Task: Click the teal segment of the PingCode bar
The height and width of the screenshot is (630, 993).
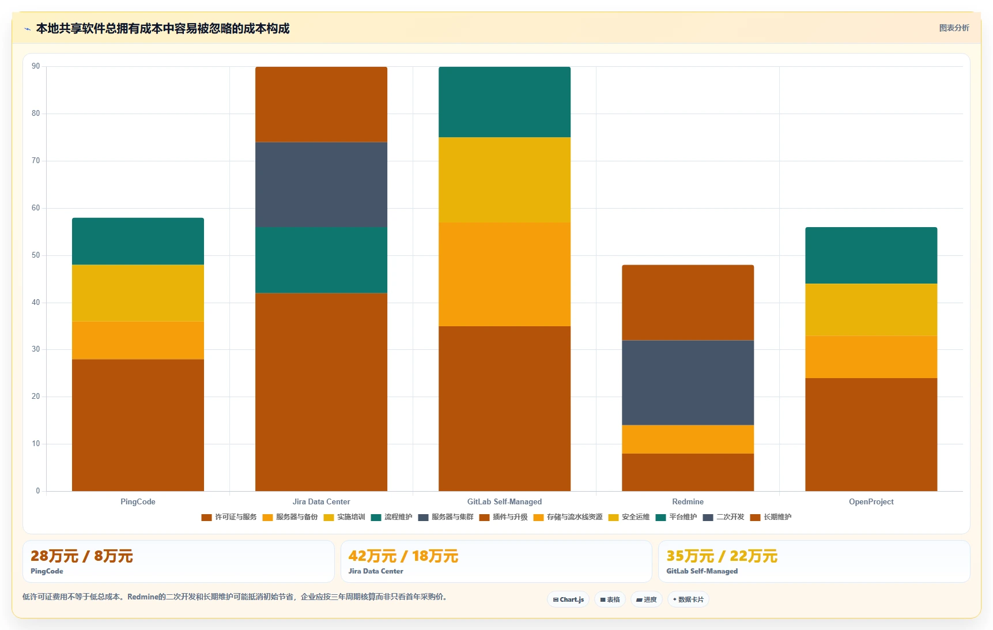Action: point(138,242)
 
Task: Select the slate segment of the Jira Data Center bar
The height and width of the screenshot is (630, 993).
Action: point(321,184)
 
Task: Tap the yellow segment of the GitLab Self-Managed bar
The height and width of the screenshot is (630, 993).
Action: point(504,180)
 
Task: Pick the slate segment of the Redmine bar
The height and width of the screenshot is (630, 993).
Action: point(688,383)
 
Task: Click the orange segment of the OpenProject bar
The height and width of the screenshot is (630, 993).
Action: point(871,357)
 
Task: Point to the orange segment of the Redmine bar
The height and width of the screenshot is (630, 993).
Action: point(688,439)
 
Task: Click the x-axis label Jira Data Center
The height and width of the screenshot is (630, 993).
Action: point(321,501)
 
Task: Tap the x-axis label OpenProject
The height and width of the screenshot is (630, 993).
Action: point(871,501)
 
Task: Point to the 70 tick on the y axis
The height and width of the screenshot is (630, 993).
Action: point(36,161)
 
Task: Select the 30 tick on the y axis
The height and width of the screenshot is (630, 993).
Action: point(36,349)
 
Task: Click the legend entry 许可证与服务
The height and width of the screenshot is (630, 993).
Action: point(229,517)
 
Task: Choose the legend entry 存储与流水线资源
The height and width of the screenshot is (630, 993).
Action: point(568,517)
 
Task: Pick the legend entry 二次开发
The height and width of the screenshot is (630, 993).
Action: point(723,517)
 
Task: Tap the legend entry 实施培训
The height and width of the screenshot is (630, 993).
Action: point(344,517)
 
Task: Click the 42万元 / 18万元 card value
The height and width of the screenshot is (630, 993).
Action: point(403,556)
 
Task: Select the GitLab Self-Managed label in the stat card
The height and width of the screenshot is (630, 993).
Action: point(702,571)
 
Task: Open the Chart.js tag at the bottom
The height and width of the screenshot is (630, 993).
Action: point(568,599)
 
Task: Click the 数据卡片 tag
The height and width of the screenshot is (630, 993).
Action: point(688,599)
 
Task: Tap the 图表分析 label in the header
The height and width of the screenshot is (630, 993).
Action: point(954,28)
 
